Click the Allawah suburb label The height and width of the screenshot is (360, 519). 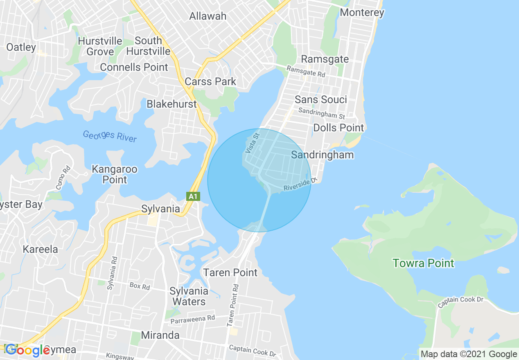(208, 16)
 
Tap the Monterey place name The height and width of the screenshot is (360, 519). (362, 13)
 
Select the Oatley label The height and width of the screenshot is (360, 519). (21, 47)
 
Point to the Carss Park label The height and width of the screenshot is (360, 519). (210, 81)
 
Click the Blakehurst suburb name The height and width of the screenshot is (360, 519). (171, 104)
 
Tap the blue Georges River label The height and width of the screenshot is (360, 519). (110, 136)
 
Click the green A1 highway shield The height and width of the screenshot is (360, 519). (193, 197)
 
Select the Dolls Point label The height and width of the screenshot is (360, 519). (338, 128)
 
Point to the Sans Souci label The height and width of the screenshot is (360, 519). (320, 99)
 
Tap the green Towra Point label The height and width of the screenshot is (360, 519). (423, 263)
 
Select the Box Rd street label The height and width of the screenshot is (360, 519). (140, 286)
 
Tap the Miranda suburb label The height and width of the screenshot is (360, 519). (160, 335)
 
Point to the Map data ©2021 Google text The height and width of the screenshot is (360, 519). (469, 354)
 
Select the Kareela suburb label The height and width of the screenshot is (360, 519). (40, 249)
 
